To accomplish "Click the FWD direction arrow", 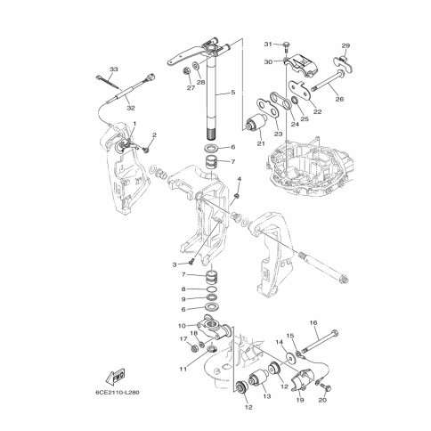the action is tap(115, 378).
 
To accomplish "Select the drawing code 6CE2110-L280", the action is tap(118, 393).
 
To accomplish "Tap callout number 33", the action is tap(114, 69).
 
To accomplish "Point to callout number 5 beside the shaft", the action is tap(233, 93).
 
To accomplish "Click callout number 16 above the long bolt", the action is tap(313, 322).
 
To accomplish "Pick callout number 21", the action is tap(261, 143).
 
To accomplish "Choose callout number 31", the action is tap(268, 45).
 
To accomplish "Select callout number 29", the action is tap(346, 45).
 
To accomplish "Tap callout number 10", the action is tap(182, 326).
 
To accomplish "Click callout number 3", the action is tap(175, 264).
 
